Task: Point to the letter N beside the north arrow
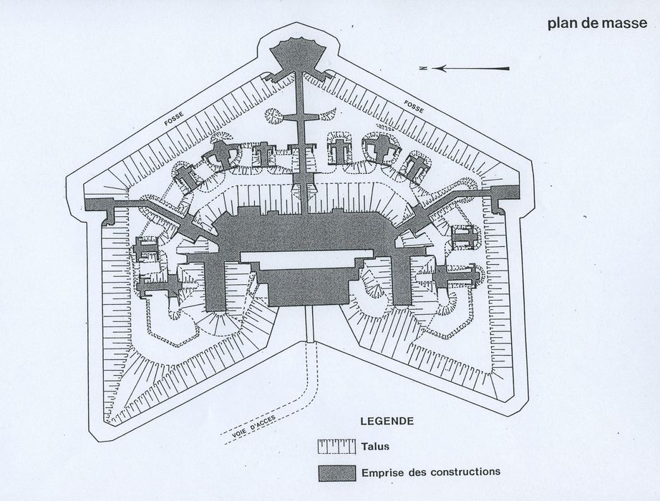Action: point(424,68)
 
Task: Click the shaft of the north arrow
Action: point(474,69)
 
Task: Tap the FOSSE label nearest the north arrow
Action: point(413,107)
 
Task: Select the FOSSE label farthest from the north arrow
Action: point(174,119)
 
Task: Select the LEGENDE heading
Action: point(387,421)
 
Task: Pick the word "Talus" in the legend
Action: point(375,447)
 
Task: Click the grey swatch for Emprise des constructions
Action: point(337,473)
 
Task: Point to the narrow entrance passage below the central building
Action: point(311,325)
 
